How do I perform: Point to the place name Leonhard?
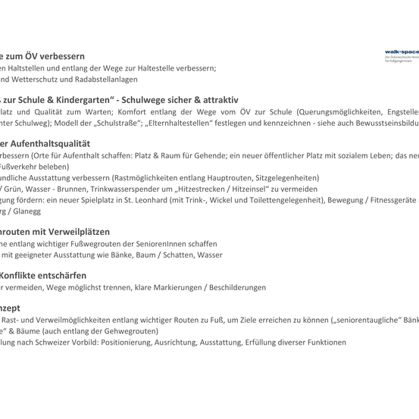[x=186, y=201]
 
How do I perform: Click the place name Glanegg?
[x=26, y=211]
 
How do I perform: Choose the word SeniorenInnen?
[x=161, y=244]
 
